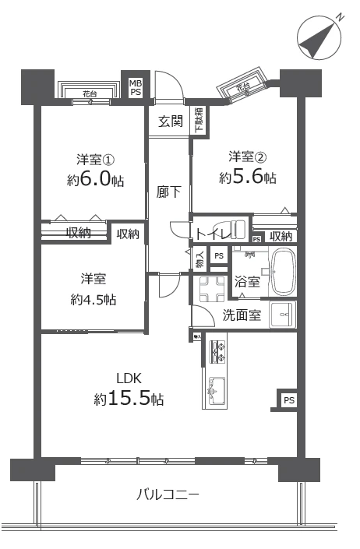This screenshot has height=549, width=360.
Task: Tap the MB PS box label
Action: click(x=136, y=86)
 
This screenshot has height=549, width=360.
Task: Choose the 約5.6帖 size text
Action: click(x=247, y=178)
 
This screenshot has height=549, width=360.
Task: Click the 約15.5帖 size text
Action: click(x=129, y=399)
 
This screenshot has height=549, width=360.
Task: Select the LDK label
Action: click(x=128, y=378)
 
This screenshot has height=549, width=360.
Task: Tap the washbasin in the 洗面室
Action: click(x=281, y=315)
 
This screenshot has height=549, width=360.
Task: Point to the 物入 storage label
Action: click(x=199, y=258)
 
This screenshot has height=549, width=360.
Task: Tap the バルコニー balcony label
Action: click(x=168, y=494)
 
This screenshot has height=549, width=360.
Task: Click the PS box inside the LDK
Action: click(x=288, y=400)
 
